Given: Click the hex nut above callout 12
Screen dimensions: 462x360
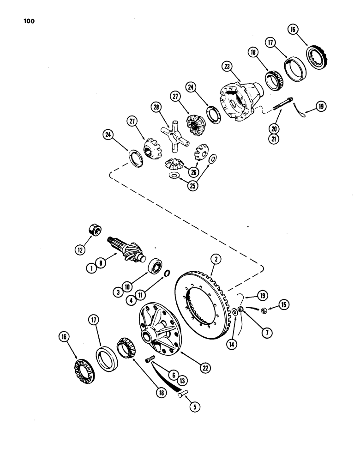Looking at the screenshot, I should pyautogui.click(x=94, y=230).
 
